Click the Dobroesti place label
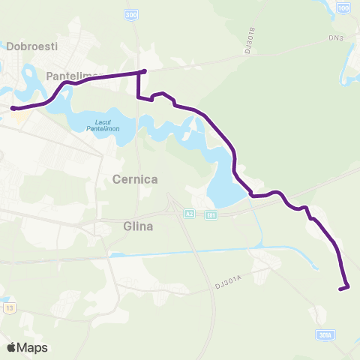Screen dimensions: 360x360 (32, 46)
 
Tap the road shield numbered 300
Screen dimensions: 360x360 (132, 15)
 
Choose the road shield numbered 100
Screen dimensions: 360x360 (343, 7)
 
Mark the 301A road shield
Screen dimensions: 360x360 (325, 335)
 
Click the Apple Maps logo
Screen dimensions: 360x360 (27, 347)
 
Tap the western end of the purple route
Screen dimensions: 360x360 (13, 109)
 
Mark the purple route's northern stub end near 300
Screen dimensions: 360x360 (143, 72)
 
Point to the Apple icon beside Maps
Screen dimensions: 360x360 (11, 347)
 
